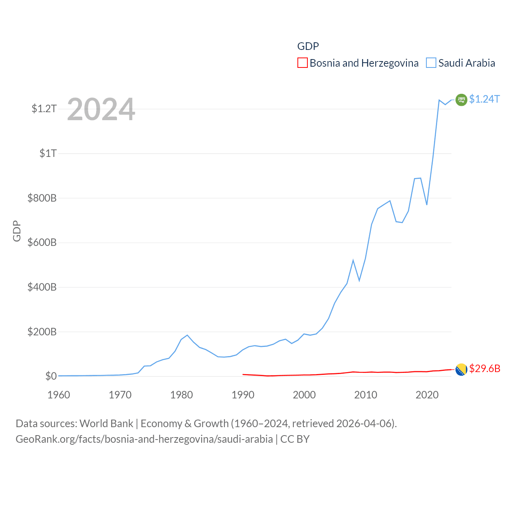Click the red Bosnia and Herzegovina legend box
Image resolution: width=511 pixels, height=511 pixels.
pyautogui.click(x=303, y=63)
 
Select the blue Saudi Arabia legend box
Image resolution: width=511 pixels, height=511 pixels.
pyautogui.click(x=431, y=63)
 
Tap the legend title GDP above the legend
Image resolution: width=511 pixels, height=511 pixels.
pyautogui.click(x=308, y=46)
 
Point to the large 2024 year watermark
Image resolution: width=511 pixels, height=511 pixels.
pyautogui.click(x=101, y=109)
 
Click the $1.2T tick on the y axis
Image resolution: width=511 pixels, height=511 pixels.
pyautogui.click(x=44, y=109)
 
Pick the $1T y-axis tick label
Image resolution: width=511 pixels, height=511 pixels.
pyautogui.click(x=48, y=153)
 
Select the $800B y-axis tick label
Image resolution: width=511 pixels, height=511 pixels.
pyautogui.click(x=42, y=198)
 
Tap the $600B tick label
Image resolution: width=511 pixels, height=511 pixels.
pyautogui.click(x=42, y=242)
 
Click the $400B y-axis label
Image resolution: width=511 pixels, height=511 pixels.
pyautogui.click(x=42, y=287)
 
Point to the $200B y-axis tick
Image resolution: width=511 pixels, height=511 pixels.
pyautogui.click(x=42, y=332)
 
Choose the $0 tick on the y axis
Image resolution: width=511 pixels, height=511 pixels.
pyautogui.click(x=51, y=376)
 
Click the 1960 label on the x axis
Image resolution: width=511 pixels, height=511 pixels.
pyautogui.click(x=59, y=395)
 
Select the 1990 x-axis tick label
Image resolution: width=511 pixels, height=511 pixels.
pyautogui.click(x=243, y=395)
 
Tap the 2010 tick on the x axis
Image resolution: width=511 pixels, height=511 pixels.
pyautogui.click(x=366, y=395)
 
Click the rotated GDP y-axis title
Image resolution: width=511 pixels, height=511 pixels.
pyautogui.click(x=17, y=231)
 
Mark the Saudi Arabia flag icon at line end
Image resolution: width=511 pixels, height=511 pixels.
pyautogui.click(x=461, y=100)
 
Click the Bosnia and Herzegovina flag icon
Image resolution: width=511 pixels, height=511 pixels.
pyautogui.click(x=461, y=370)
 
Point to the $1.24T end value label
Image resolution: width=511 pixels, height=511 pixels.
pyautogui.click(x=484, y=99)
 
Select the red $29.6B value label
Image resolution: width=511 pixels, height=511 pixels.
pyautogui.click(x=485, y=368)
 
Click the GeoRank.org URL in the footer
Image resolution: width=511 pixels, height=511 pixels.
pyautogui.click(x=144, y=439)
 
